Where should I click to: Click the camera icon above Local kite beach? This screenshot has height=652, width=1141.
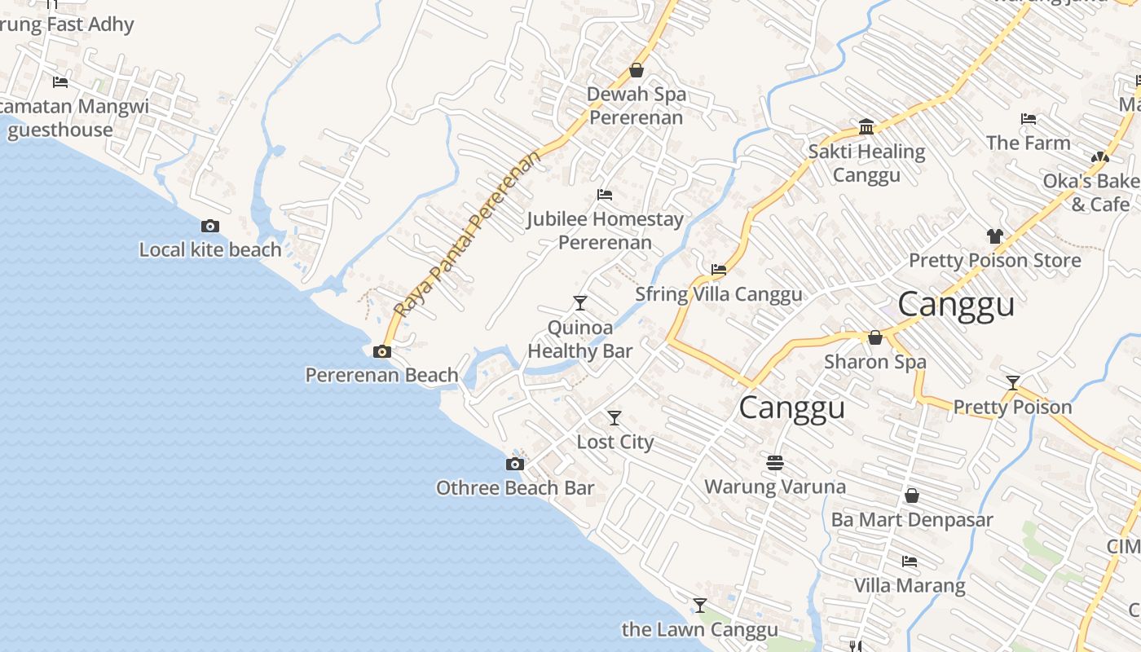point(209,227)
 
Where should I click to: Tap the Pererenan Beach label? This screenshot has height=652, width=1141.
point(381,375)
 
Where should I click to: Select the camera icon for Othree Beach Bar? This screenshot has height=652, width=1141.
point(514,465)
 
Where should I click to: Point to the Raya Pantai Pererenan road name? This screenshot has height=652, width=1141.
point(468,235)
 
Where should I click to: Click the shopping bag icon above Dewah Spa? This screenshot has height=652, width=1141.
point(636,71)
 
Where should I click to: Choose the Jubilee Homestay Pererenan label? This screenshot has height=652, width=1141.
point(605,231)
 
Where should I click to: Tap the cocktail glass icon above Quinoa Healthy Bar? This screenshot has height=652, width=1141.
point(579,303)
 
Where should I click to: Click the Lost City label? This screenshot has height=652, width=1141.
point(615,442)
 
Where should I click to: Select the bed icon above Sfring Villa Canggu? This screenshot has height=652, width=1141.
point(718,270)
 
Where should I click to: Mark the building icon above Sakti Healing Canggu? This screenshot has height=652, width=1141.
point(866,127)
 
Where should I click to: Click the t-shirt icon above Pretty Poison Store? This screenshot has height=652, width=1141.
point(994,236)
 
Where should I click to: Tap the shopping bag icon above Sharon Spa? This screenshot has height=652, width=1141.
point(875,337)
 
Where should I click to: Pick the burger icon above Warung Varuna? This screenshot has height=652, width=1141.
point(774,463)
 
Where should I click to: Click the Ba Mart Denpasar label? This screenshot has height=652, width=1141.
point(912,519)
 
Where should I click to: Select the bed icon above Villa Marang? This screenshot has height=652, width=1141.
point(910,562)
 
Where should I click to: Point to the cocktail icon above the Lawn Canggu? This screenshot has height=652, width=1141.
point(699,606)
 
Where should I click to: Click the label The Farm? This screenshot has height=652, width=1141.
point(1028,143)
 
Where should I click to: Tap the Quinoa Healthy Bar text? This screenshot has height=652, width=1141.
point(579,339)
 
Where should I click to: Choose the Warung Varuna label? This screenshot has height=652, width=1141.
point(774,487)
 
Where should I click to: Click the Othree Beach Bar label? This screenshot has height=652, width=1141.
point(515,488)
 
